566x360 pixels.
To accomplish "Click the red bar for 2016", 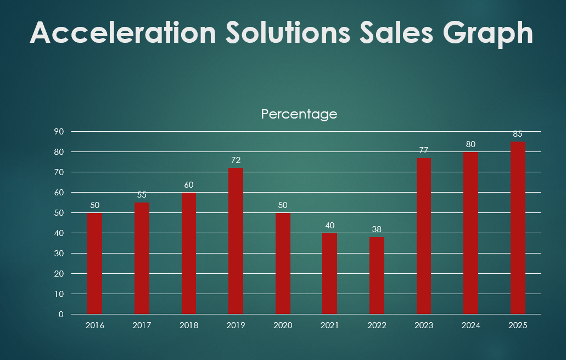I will [x=94, y=263].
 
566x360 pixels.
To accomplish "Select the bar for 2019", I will [x=236, y=241].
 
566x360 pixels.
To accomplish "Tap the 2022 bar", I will [x=377, y=276].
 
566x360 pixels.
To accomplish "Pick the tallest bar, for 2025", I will [x=518, y=228].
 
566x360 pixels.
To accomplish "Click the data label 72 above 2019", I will [x=236, y=160].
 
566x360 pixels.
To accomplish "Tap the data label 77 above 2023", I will [x=423, y=150].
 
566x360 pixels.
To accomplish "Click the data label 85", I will [x=518, y=134].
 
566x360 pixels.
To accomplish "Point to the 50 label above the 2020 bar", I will [x=283, y=205].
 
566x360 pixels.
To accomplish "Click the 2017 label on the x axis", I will [x=142, y=325].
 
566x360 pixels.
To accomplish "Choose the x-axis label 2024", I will [x=470, y=325].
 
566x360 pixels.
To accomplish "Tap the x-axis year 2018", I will [x=189, y=325].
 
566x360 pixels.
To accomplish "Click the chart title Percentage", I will [x=299, y=114].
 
